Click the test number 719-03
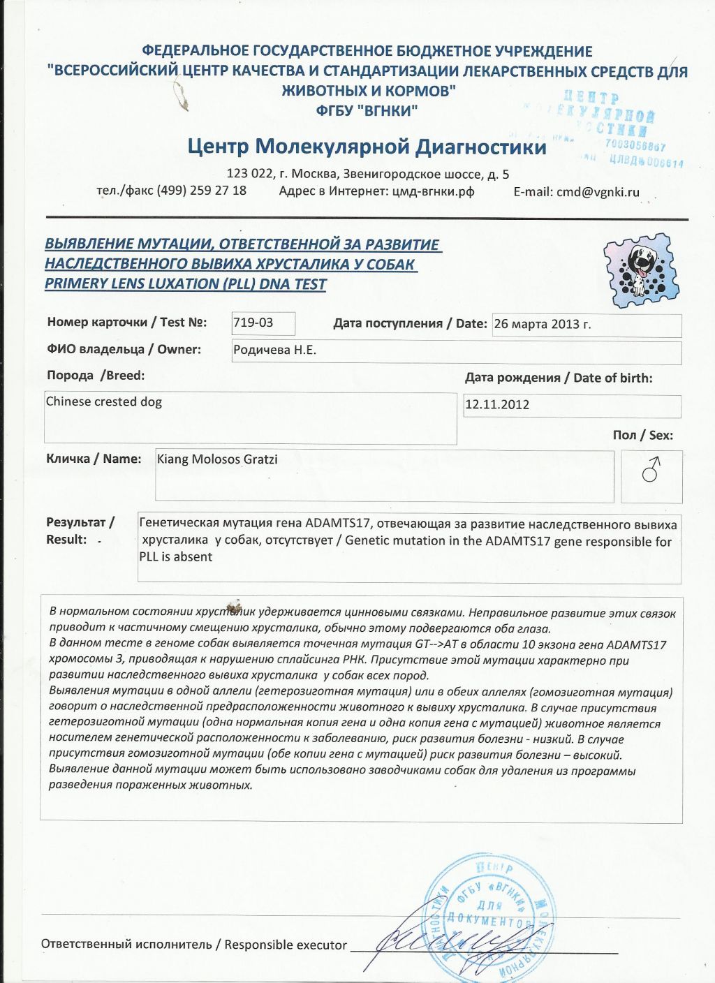point(253,323)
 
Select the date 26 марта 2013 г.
point(542,324)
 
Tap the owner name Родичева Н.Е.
point(274,350)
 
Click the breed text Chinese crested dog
point(103,402)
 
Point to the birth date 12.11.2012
point(497,404)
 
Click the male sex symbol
point(651,471)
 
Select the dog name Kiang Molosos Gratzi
point(217,459)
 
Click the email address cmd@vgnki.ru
point(598,192)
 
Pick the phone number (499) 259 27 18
point(201,191)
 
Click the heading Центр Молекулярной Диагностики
point(367,147)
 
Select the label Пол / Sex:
point(642,436)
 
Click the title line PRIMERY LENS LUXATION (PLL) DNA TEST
point(186,284)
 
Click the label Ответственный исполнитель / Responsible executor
point(193,945)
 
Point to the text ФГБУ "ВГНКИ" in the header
point(367,110)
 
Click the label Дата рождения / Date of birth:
point(559,378)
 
